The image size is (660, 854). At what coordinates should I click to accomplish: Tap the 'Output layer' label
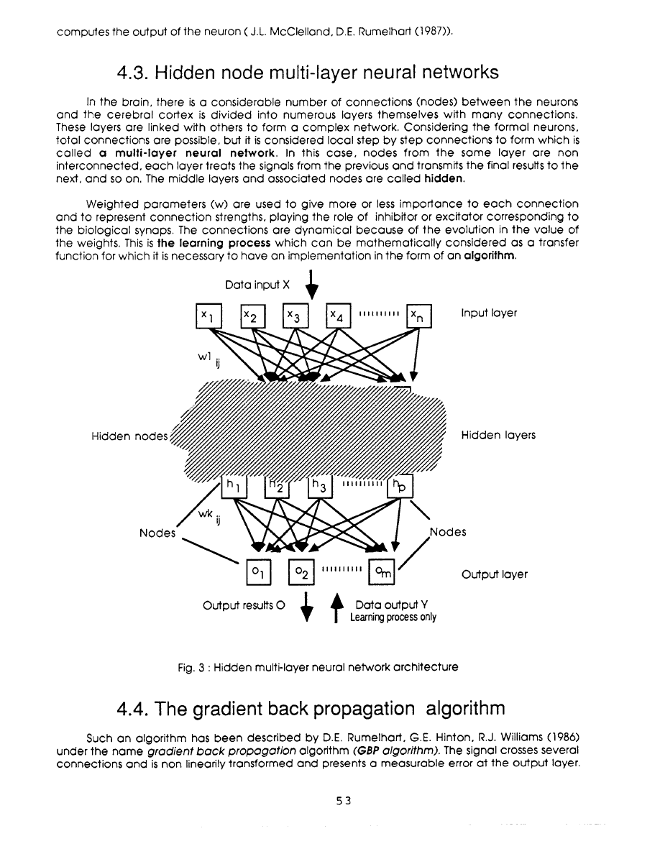(x=495, y=574)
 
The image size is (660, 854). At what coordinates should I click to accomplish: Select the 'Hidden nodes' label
(x=130, y=436)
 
